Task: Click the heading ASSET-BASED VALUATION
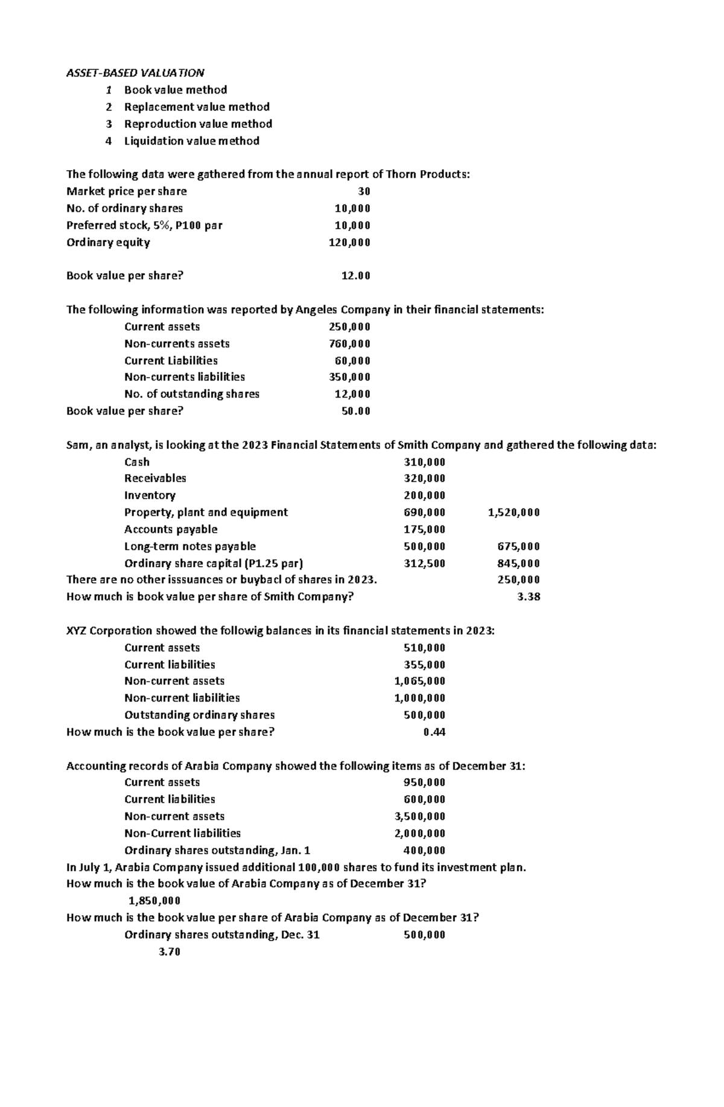click(135, 73)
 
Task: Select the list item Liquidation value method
click(191, 141)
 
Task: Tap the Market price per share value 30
click(364, 191)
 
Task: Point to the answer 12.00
click(355, 276)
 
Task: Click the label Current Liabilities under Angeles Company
click(171, 361)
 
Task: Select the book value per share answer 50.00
click(355, 411)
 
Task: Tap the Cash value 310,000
click(424, 462)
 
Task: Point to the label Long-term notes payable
click(189, 547)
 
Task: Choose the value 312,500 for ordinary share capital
click(424, 563)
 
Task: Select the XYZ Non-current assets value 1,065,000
click(419, 681)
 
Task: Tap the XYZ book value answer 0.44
click(434, 732)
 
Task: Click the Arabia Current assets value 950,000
click(424, 782)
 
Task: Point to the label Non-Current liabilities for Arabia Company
click(182, 833)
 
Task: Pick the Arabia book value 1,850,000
click(154, 901)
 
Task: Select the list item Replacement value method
click(197, 107)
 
